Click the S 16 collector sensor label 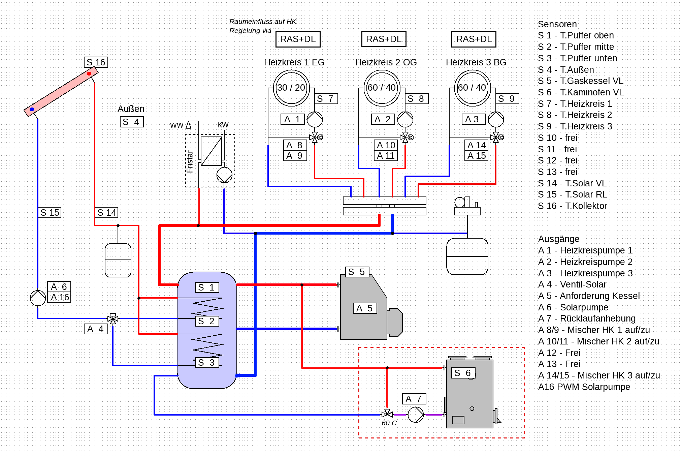pyautogui.click(x=96, y=62)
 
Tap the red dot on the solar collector pyautogui.click(x=89, y=73)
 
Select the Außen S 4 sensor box pyautogui.click(x=132, y=122)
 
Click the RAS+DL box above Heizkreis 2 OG pyautogui.click(x=384, y=39)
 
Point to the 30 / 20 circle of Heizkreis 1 pyautogui.click(x=291, y=88)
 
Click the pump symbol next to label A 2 pyautogui.click(x=405, y=119)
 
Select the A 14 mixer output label pyautogui.click(x=476, y=145)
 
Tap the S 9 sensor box pyautogui.click(x=507, y=99)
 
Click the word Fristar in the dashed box pyautogui.click(x=190, y=162)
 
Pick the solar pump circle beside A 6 pyautogui.click(x=38, y=298)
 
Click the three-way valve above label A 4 pyautogui.click(x=113, y=318)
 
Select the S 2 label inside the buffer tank pyautogui.click(x=207, y=321)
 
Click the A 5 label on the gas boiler pyautogui.click(x=364, y=308)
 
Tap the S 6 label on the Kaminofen pyautogui.click(x=463, y=373)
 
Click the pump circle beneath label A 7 pyautogui.click(x=416, y=415)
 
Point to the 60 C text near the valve pyautogui.click(x=389, y=423)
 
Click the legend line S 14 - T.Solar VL pyautogui.click(x=572, y=183)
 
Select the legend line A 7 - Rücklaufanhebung pyautogui.click(x=587, y=318)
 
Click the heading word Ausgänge pyautogui.click(x=558, y=239)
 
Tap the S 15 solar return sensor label pyautogui.click(x=50, y=213)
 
